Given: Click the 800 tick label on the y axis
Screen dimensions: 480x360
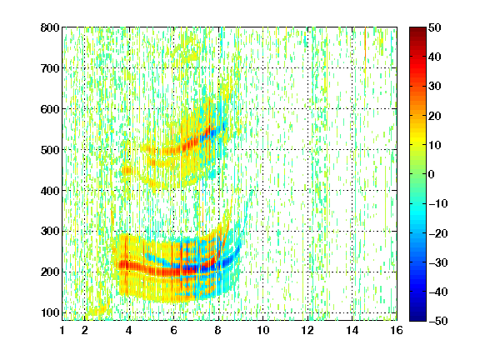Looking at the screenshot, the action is (x=50, y=27).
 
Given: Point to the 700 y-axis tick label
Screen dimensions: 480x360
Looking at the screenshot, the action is (x=50, y=68).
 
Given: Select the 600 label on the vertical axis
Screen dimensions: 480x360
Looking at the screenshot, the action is (x=50, y=109).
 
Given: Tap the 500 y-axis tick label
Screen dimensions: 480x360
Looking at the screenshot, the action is (x=50, y=150).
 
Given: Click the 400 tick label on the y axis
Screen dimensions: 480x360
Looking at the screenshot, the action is (x=50, y=191).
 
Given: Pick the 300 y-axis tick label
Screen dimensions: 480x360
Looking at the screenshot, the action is (x=50, y=231).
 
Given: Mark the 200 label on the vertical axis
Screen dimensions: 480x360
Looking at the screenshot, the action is (x=50, y=272).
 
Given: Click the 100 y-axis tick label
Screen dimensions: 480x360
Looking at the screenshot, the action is (x=50, y=312).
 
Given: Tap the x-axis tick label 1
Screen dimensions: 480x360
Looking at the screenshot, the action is (x=62, y=330).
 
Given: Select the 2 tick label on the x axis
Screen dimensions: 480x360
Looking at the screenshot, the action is (x=85, y=330).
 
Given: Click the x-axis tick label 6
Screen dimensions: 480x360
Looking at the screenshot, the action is (x=174, y=330).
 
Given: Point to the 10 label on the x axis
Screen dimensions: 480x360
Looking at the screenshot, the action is (x=263, y=330).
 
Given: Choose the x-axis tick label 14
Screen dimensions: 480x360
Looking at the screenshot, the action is (x=352, y=330).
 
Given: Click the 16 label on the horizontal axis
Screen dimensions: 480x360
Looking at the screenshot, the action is (x=397, y=330).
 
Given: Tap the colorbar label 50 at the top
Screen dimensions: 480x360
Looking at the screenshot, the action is (x=435, y=27).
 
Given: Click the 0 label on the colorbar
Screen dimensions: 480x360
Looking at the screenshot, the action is (x=432, y=174).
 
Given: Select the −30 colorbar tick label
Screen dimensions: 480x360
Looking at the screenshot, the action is (x=438, y=262).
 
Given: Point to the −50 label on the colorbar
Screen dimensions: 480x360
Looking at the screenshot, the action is (x=438, y=321).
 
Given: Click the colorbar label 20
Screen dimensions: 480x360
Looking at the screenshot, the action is (x=435, y=116).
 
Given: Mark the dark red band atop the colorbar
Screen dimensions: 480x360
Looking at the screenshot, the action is (x=417, y=32).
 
